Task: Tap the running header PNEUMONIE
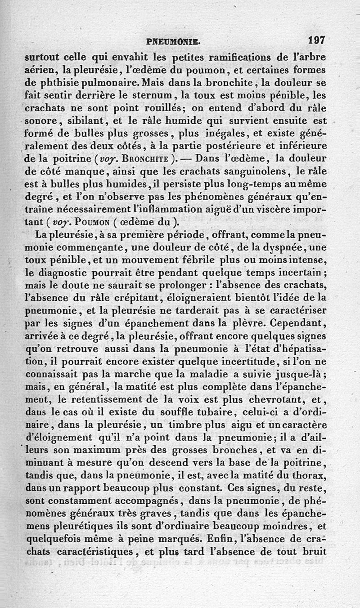173,42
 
